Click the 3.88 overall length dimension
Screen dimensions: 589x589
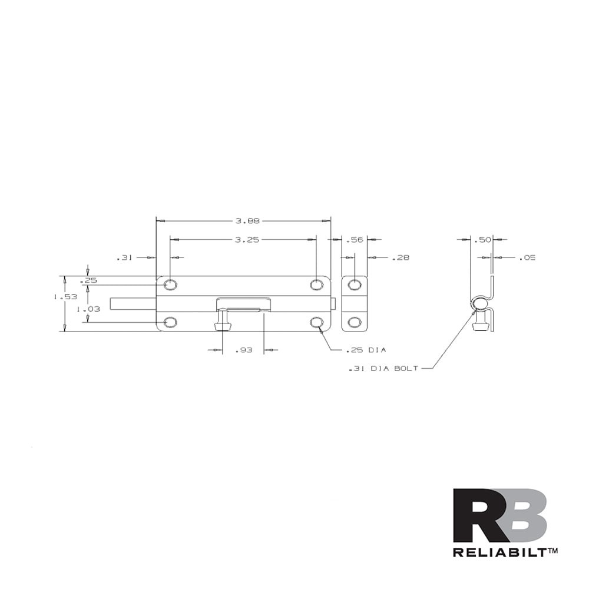coord(247,221)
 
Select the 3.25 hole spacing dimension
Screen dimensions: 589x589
coord(247,240)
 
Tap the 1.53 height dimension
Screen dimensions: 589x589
coord(65,297)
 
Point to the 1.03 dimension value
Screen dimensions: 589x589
coord(88,309)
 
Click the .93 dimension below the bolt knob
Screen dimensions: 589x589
coord(243,350)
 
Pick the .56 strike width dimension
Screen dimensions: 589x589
coord(354,240)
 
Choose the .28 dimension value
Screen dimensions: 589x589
coord(401,258)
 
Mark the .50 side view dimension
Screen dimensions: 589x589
coord(482,240)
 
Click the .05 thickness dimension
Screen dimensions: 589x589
coord(527,258)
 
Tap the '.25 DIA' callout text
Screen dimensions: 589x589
coord(366,350)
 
